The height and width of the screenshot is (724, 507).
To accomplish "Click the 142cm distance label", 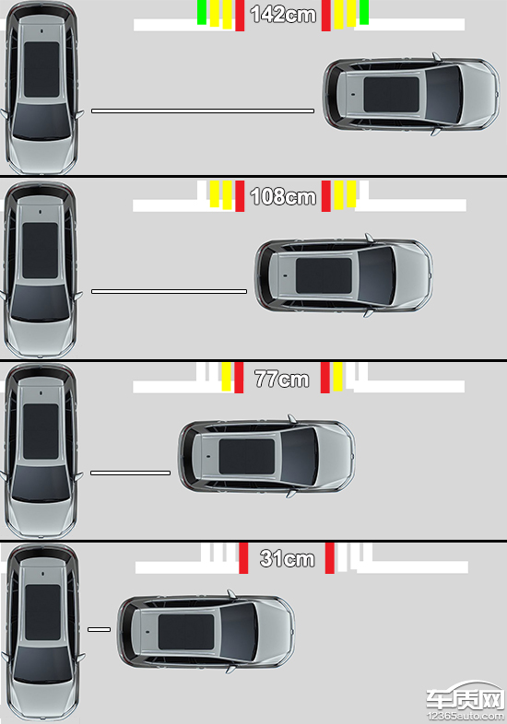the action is coord(283,15).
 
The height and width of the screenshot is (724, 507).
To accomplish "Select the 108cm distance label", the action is coord(283,196).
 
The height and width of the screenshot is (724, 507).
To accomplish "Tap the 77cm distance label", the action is coord(282,380).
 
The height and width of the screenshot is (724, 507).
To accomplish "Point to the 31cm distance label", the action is coord(287,558).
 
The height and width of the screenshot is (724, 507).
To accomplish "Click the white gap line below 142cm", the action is coord(203,111).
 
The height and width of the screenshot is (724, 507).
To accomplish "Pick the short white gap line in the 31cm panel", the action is coord(100,629).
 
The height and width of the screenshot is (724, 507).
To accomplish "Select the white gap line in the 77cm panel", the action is coord(130,473).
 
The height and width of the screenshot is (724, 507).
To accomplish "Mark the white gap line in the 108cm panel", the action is coord(170,291).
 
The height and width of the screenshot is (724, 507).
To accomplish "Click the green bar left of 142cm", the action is coord(202,13).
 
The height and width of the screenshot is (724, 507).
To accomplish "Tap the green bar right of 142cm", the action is coord(364,13).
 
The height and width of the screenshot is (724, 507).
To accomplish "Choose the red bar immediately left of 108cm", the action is coord(240,196).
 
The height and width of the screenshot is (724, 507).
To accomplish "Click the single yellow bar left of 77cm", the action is coord(226,377).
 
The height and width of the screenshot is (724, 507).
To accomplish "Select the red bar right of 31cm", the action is coord(329,558).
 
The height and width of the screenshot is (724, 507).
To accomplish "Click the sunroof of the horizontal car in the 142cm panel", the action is coord(392,94).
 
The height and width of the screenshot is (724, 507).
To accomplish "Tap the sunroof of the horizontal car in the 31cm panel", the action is coord(186,632).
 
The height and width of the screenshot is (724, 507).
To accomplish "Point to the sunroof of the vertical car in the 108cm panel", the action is coord(41,251).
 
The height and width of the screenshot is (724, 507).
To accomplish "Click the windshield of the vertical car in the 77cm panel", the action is coord(41,484).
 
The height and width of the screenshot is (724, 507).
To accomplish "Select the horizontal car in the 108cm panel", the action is coord(344,275).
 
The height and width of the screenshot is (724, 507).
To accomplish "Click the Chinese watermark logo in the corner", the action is coord(465,697).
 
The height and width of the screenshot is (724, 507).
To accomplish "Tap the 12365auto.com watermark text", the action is coord(466,716).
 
